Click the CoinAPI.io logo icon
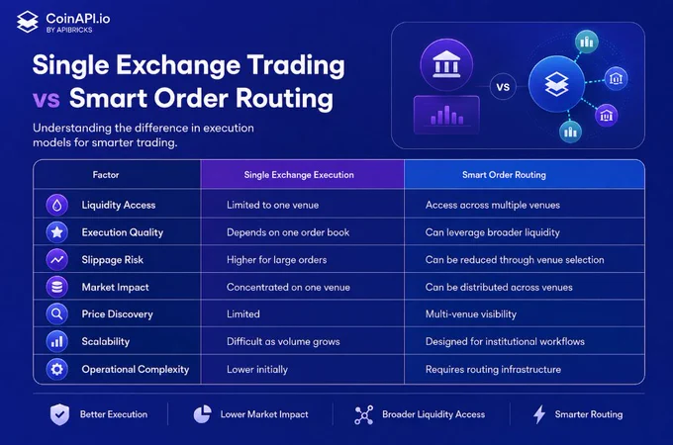point(28,22)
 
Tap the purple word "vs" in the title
point(46,99)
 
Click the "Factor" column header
point(106,174)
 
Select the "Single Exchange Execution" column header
point(299,174)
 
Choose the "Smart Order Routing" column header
point(504,174)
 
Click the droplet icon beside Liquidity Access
point(57,205)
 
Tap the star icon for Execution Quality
point(57,232)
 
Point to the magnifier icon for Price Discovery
point(57,314)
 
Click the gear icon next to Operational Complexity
point(57,369)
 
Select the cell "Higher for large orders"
point(277,260)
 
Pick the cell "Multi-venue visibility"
point(471,314)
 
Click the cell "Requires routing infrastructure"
point(493,369)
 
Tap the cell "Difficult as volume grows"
point(283,342)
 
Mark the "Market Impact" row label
point(115,287)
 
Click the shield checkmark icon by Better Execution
point(59,414)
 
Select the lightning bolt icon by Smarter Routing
point(539,414)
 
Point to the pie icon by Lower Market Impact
point(202,414)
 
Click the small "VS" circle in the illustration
point(503,87)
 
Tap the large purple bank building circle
point(446,64)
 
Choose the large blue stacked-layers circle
point(556,84)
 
